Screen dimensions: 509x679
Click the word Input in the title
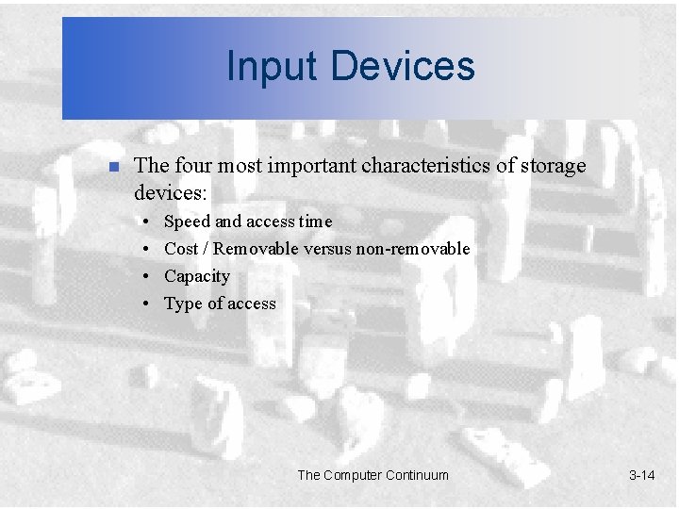266,66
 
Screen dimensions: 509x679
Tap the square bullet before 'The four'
111,168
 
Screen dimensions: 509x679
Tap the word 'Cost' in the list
181,249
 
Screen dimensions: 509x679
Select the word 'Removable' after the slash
260,249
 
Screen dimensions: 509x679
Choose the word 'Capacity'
196,276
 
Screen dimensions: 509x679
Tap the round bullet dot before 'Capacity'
148,276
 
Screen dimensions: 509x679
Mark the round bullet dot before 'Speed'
148,222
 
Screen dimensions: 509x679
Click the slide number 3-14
641,475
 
